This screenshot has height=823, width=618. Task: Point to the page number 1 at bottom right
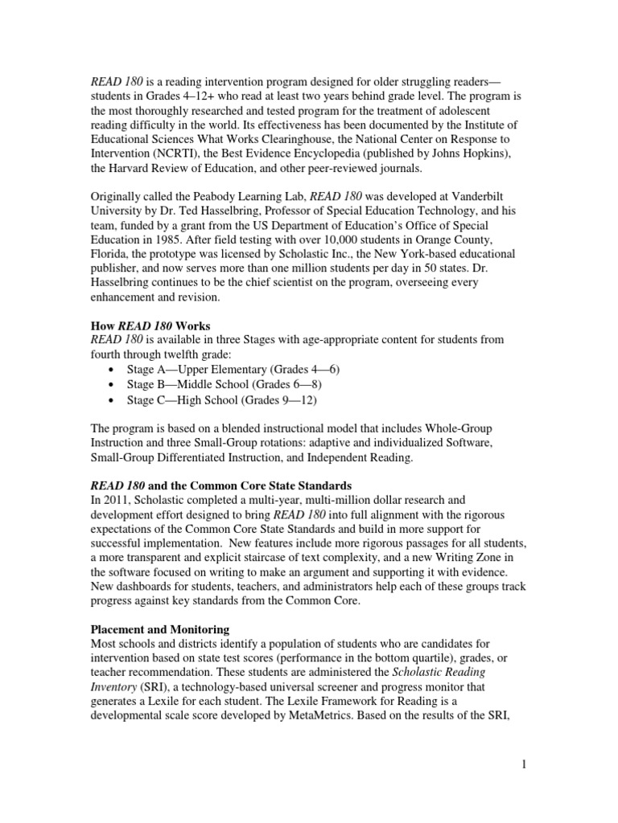point(523,764)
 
